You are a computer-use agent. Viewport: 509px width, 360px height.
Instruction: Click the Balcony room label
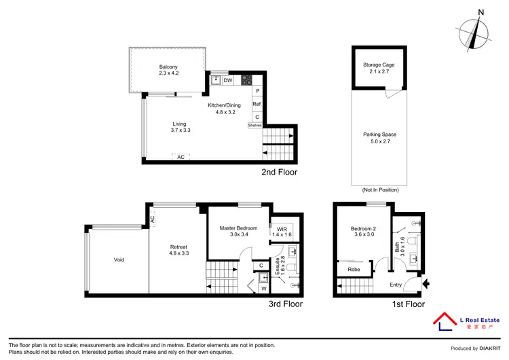pyautogui.click(x=168, y=66)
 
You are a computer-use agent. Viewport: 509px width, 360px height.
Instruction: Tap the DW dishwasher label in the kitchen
pyautogui.click(x=229, y=80)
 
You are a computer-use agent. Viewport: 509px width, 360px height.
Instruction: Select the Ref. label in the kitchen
pyautogui.click(x=257, y=105)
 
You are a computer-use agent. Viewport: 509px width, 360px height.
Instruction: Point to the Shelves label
pyautogui.click(x=255, y=125)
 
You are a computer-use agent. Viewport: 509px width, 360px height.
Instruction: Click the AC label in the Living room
pyautogui.click(x=181, y=157)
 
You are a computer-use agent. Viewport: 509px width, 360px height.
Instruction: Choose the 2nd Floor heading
pyautogui.click(x=279, y=173)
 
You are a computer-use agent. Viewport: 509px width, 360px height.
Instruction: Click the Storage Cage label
pyautogui.click(x=379, y=65)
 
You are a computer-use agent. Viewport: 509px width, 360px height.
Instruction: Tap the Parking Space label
pyautogui.click(x=379, y=134)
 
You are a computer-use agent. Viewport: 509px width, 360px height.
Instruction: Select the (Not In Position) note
pyautogui.click(x=379, y=191)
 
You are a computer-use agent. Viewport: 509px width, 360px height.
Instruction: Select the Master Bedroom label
pyautogui.click(x=238, y=228)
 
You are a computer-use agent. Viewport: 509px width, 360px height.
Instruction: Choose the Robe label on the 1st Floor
pyautogui.click(x=354, y=270)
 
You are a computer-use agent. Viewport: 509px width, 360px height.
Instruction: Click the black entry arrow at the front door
pyautogui.click(x=426, y=283)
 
